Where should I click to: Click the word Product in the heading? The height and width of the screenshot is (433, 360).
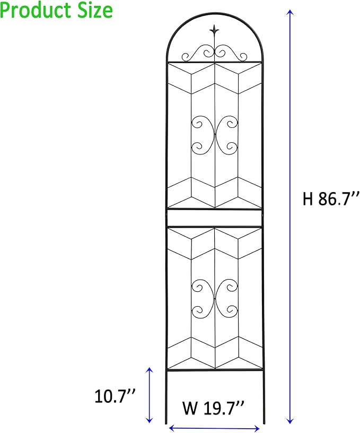[x=37, y=10]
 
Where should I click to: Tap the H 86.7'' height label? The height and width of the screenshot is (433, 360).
[x=331, y=199]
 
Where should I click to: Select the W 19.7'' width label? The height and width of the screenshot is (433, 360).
[x=213, y=409]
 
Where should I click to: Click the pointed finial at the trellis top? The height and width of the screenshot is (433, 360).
[x=214, y=30]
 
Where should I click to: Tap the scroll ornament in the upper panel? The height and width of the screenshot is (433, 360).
[x=214, y=134]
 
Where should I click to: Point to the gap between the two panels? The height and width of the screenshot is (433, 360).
[x=215, y=218]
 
